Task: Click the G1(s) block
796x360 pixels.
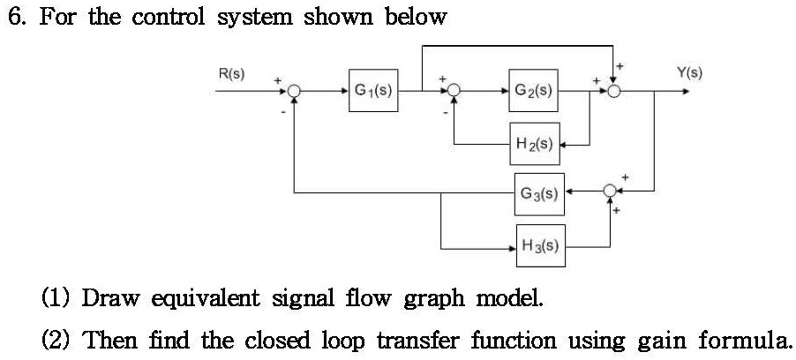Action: [x=374, y=90]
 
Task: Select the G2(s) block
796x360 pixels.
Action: [x=533, y=90]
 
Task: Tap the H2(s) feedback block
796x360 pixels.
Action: [x=533, y=144]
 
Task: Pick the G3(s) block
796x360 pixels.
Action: [x=538, y=191]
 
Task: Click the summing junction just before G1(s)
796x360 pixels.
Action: [x=295, y=91]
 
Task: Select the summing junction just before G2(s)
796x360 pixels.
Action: [x=454, y=91]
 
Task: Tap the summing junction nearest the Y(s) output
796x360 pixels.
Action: [x=614, y=91]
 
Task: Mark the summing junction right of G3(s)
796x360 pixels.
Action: [x=611, y=191]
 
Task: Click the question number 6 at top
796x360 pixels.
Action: [x=14, y=17]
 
